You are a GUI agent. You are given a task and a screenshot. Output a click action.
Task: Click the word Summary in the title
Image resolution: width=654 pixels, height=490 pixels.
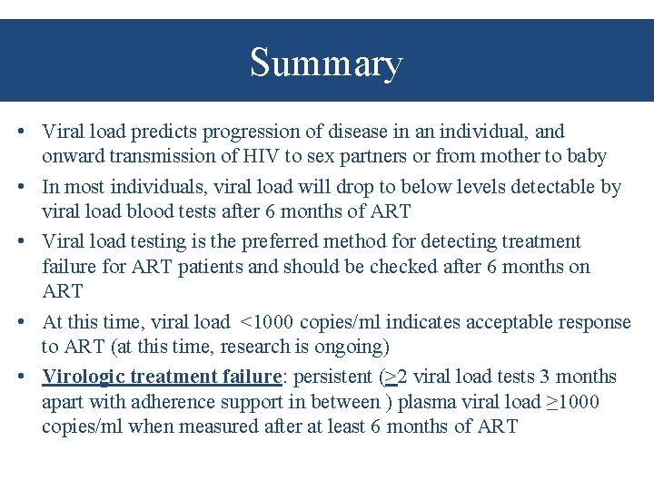point(326,64)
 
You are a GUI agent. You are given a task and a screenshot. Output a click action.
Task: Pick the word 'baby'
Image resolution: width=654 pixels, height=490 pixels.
point(586,156)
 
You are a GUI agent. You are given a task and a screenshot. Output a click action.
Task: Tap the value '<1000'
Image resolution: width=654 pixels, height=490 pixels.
point(266,322)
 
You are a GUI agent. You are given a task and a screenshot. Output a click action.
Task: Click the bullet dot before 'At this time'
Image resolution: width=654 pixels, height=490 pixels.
point(19,322)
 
